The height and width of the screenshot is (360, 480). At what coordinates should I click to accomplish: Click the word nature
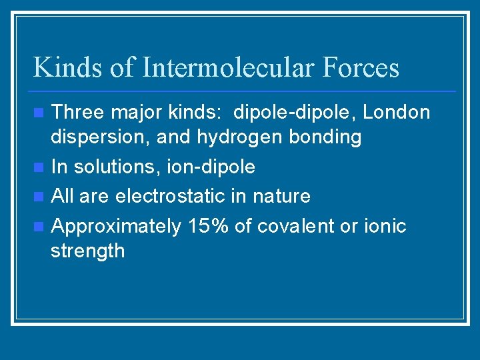point(283,197)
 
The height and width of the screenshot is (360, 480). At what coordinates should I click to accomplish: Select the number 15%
point(208,226)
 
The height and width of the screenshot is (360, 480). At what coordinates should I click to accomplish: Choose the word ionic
point(385,226)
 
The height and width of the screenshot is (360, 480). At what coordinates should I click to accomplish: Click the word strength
point(87,251)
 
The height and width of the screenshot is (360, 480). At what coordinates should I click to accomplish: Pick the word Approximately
point(116,227)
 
